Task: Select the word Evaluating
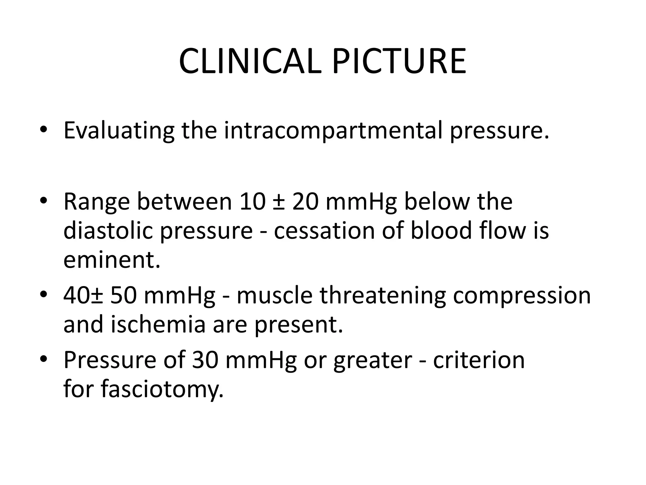119,131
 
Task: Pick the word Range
97,202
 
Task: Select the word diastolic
108,231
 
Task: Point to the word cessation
324,231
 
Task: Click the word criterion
479,360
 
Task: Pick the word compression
522,296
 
